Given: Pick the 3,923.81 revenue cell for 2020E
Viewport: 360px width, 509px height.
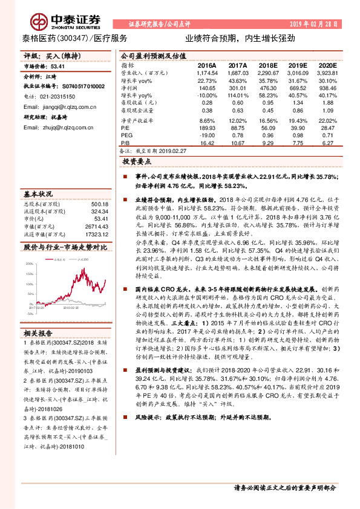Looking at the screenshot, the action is tap(322, 72).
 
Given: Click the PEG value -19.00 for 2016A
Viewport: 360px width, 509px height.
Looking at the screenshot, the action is tap(207, 135).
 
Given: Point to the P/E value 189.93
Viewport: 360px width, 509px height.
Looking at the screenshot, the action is tap(207, 128).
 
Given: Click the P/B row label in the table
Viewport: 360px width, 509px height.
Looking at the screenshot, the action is tap(125, 143).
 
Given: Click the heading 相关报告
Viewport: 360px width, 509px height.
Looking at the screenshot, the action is tap(39, 333).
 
